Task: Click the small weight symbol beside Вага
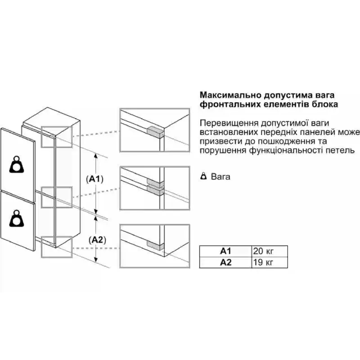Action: tap(203, 176)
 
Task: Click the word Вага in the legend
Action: tap(220, 177)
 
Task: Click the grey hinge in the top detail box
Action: tap(154, 131)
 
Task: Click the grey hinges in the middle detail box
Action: tap(154, 188)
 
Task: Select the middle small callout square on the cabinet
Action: tap(57, 197)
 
